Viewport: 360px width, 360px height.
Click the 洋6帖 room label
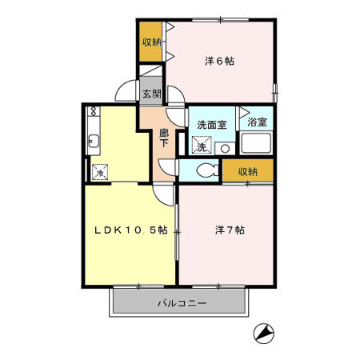[x=219, y=62]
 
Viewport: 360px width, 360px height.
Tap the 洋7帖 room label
[x=230, y=230]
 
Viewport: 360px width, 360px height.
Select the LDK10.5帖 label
[x=131, y=230]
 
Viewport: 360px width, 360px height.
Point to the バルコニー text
[x=182, y=303]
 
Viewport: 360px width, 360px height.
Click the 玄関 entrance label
[x=151, y=94]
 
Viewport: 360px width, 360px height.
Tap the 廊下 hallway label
[x=164, y=138]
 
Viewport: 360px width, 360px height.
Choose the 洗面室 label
[x=212, y=125]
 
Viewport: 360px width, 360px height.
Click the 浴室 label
[x=257, y=122]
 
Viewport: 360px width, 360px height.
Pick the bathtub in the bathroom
[x=256, y=143]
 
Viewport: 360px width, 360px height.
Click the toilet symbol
[x=207, y=170]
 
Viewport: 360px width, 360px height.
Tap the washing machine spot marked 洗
[x=202, y=146]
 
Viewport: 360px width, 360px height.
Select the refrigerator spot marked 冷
[x=100, y=172]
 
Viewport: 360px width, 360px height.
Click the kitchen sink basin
[x=94, y=141]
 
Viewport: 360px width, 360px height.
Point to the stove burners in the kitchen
[x=94, y=111]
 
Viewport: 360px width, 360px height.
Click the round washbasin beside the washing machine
[x=225, y=149]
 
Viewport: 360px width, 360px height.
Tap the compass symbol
[x=263, y=334]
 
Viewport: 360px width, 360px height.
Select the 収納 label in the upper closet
[x=151, y=42]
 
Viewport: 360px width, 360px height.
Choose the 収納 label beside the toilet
[x=248, y=172]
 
